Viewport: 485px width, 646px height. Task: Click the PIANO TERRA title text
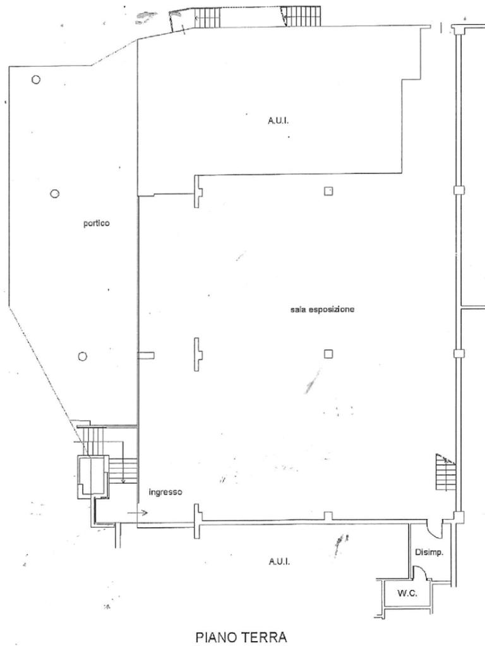(x=241, y=637)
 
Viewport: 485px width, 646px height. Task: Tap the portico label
(x=97, y=223)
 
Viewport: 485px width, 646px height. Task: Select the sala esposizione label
(x=323, y=310)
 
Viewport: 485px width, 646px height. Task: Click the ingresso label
(x=165, y=492)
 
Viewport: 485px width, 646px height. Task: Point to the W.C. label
(x=407, y=593)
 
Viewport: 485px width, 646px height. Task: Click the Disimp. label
(x=429, y=552)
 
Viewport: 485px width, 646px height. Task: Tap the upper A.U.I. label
(x=278, y=120)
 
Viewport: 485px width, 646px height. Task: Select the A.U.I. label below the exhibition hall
(x=278, y=561)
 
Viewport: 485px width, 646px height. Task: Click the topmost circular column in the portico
(x=36, y=79)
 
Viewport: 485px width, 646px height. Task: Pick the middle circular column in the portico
(x=55, y=194)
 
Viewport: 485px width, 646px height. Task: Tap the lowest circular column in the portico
(x=82, y=356)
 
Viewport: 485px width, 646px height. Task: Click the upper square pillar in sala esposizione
(x=328, y=191)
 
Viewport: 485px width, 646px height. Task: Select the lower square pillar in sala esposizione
(x=328, y=353)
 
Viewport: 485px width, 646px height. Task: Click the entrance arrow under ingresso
(x=138, y=513)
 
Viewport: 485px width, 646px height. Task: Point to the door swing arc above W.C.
(x=419, y=573)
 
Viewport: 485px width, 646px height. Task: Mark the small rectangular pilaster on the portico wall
(x=146, y=356)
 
